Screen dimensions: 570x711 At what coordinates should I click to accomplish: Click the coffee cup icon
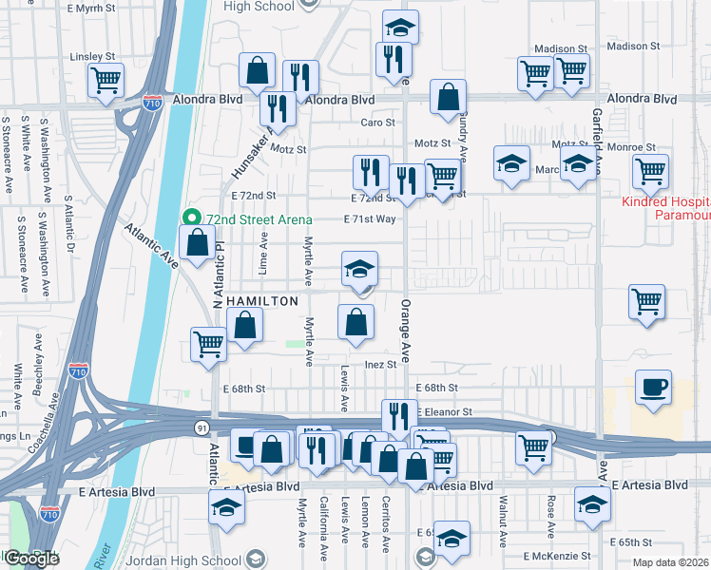pyautogui.click(x=653, y=388)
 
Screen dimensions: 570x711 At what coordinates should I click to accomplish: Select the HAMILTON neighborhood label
pyautogui.click(x=261, y=300)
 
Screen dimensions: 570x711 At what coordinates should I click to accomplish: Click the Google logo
pyautogui.click(x=31, y=559)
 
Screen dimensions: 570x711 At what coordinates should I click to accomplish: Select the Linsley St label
pyautogui.click(x=91, y=58)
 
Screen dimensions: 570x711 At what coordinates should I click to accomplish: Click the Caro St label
pyautogui.click(x=377, y=123)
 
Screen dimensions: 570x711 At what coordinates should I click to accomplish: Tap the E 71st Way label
pyautogui.click(x=370, y=219)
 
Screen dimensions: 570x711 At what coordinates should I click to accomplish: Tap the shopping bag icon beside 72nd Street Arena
pyautogui.click(x=197, y=243)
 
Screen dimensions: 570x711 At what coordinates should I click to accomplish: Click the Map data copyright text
pyautogui.click(x=671, y=562)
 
